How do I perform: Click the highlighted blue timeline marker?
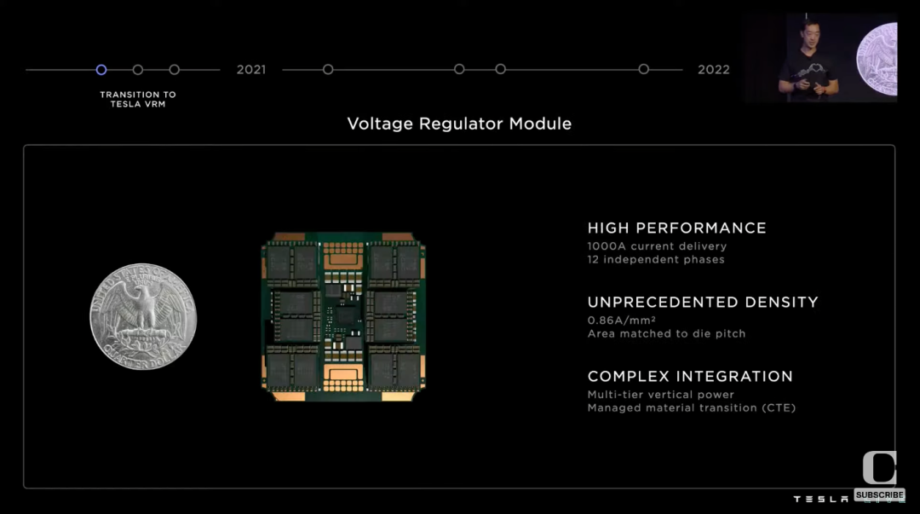(101, 70)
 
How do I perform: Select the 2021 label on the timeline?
(251, 70)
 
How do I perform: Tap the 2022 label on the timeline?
(713, 70)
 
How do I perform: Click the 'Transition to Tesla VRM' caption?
(138, 99)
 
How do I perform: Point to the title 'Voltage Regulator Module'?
(459, 124)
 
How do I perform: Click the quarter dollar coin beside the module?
(143, 316)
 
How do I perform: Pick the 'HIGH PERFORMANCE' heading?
(676, 228)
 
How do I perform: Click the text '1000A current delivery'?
(657, 246)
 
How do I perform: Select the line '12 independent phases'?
(655, 259)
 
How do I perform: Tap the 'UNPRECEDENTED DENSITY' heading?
(702, 302)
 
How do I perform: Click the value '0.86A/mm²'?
(621, 321)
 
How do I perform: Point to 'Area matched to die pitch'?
(666, 333)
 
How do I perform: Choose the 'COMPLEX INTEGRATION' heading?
(690, 376)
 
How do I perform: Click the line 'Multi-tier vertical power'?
(660, 395)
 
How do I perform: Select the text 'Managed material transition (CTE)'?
(691, 407)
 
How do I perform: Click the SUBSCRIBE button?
(879, 495)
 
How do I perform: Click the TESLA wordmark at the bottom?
(821, 499)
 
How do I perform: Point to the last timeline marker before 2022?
(644, 70)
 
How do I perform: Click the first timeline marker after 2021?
(328, 70)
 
